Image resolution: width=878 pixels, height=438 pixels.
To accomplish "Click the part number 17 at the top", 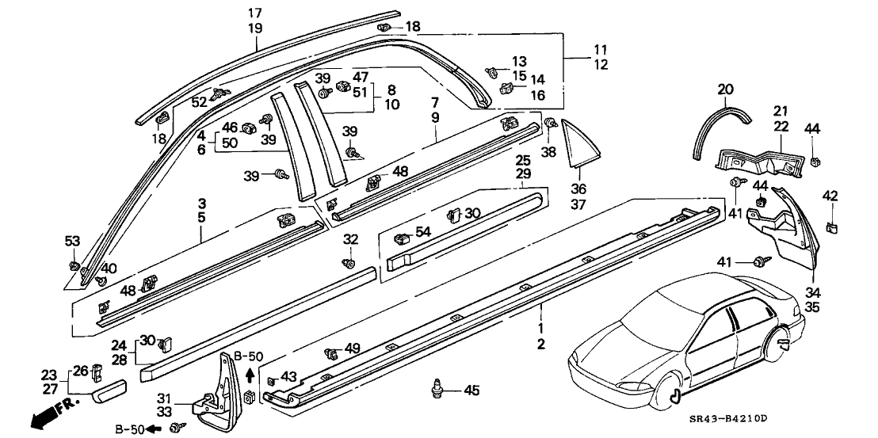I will pos(254,13).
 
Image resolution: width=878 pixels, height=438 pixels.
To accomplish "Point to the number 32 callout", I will pos(351,240).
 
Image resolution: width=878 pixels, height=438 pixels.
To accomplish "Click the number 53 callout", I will pos(73,242).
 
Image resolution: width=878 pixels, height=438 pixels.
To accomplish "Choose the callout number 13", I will pos(518,62).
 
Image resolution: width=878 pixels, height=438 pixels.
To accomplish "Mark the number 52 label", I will pos(198,102).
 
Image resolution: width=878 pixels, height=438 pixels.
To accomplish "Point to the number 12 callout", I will pos(601,65).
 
